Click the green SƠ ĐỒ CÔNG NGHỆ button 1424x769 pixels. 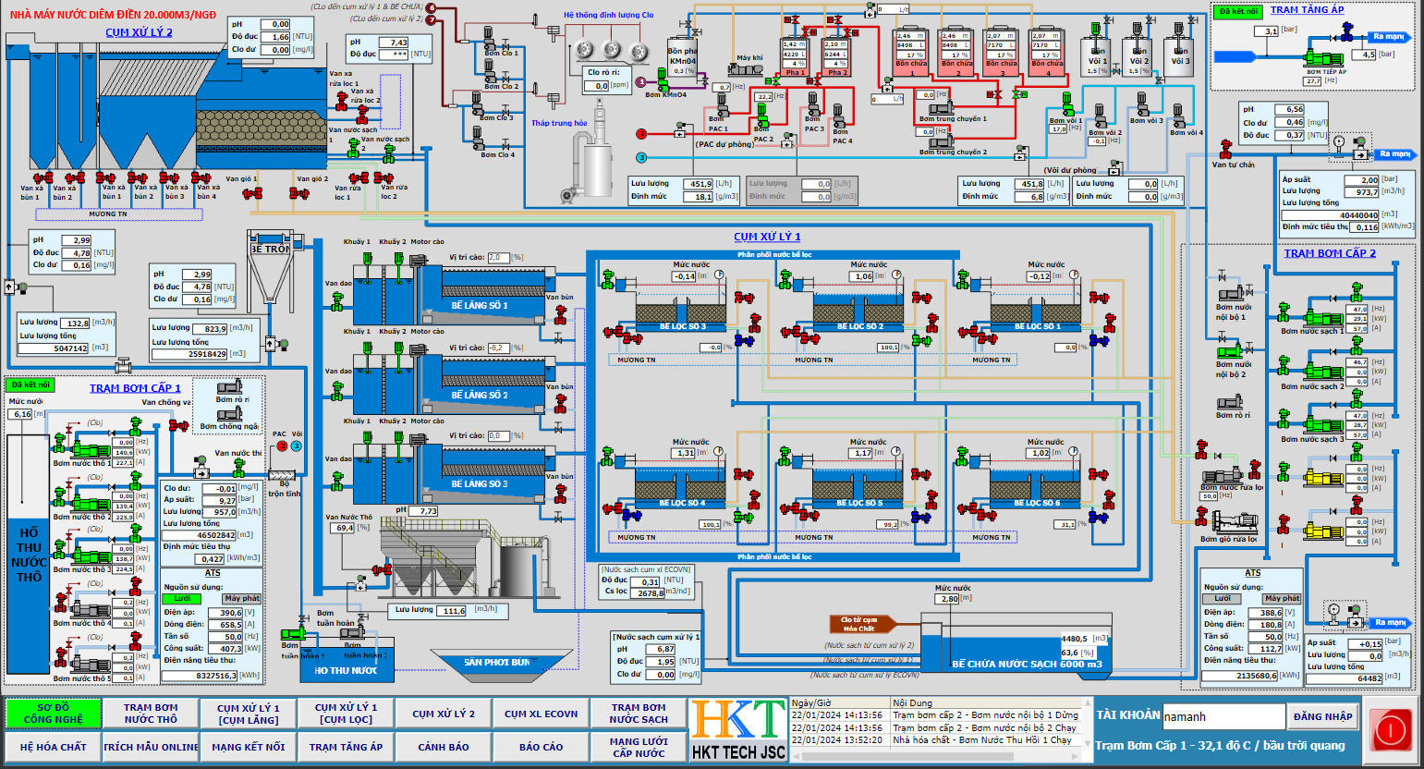[53, 714]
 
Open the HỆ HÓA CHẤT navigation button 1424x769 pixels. [53, 747]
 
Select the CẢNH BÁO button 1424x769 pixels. [444, 747]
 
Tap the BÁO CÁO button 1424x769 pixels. [541, 747]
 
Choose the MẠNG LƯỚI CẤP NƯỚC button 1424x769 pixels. [639, 747]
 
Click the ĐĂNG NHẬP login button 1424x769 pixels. [1322, 716]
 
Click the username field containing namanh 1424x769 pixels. [1223, 716]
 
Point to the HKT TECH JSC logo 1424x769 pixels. [738, 730]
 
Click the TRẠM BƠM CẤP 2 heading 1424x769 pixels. [1329, 253]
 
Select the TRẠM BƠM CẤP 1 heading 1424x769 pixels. [135, 388]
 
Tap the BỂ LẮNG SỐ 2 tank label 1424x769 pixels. [480, 395]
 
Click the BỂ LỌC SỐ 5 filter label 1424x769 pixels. [859, 503]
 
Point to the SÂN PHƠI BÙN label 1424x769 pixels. [496, 662]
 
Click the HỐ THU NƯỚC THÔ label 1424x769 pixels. [29, 555]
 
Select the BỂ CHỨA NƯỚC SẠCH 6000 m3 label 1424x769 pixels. [1027, 664]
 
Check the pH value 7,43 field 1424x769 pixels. [398, 43]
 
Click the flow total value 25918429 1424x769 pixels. [207, 354]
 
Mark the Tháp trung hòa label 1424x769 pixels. [558, 123]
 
